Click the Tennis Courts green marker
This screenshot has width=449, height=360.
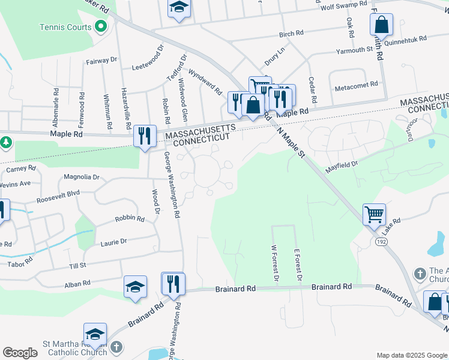[x=101, y=26]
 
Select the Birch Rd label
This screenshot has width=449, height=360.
[x=291, y=35]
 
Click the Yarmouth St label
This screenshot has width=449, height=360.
[x=354, y=50]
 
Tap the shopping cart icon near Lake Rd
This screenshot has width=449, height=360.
[x=374, y=213]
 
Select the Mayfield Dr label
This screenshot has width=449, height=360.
[x=342, y=163]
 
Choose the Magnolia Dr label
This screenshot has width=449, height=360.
[x=82, y=177]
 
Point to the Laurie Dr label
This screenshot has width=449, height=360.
[x=113, y=241]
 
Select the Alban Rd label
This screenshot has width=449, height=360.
[x=77, y=283]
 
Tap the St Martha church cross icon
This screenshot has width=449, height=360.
[x=117, y=347]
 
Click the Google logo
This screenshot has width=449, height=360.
[x=20, y=353]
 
